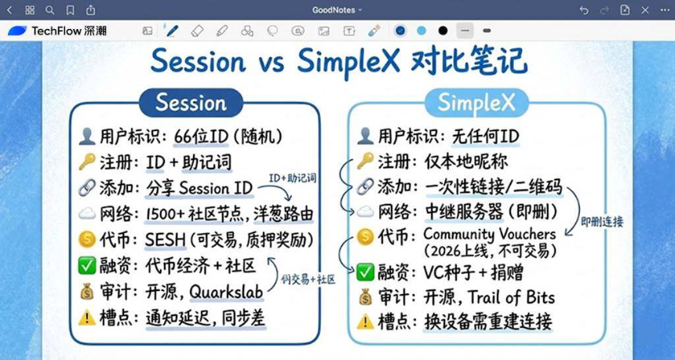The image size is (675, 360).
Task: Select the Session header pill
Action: (190, 103)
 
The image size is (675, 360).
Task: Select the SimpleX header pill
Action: (477, 103)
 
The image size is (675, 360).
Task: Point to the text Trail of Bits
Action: (512, 297)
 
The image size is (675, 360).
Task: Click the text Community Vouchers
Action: (489, 234)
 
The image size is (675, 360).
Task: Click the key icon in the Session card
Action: (87, 162)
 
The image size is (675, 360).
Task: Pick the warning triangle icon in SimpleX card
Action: (365, 322)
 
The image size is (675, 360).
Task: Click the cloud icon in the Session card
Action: (87, 214)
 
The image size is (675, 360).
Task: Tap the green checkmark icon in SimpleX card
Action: (365, 272)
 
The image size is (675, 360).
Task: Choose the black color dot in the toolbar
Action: (443, 31)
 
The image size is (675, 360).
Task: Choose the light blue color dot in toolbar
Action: (421, 31)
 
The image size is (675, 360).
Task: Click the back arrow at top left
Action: (9, 9)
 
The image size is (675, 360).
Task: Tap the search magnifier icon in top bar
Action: (50, 9)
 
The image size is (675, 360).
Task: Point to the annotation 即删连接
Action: (602, 222)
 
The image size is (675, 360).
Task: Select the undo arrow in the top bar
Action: (583, 9)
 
